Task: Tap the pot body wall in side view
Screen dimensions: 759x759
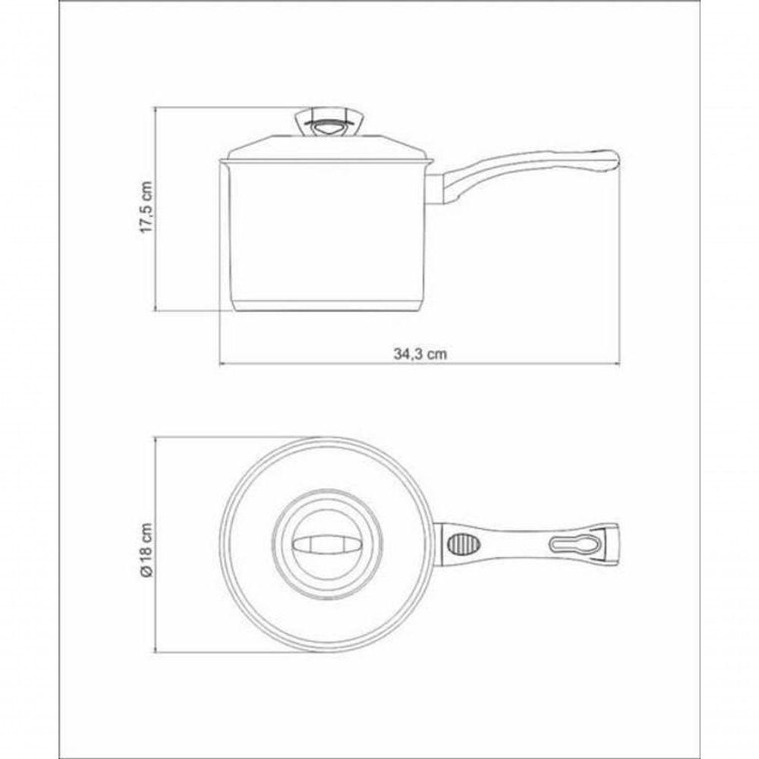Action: click(327, 235)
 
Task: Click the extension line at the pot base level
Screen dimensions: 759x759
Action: click(190, 311)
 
